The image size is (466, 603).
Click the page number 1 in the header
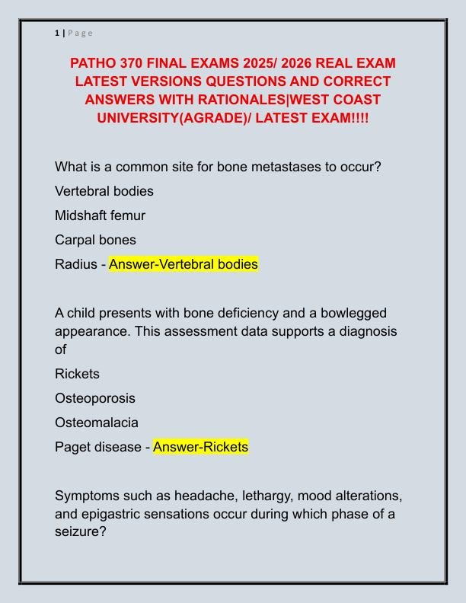pos(57,33)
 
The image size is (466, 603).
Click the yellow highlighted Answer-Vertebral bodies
pos(184,264)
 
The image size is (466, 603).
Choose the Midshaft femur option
pos(100,215)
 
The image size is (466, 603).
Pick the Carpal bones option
pos(95,240)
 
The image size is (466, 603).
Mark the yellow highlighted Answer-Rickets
pos(200,447)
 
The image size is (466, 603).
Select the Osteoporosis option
pos(95,398)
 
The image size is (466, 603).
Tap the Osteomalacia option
pos(97,423)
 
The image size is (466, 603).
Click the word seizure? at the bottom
pos(80,532)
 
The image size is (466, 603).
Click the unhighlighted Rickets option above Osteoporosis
pos(77,374)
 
